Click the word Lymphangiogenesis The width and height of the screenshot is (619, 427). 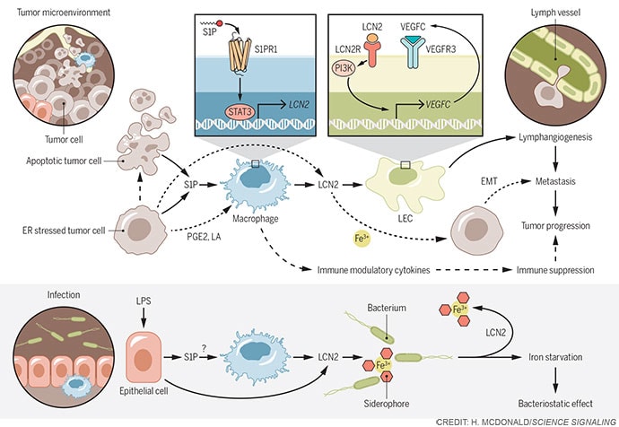point(555,138)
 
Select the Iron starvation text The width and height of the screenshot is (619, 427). point(556,356)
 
